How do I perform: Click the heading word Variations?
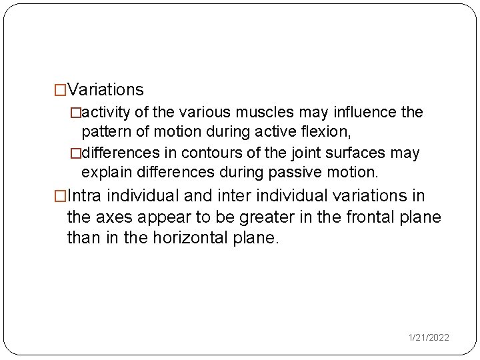(105, 89)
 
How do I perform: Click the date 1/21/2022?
(429, 338)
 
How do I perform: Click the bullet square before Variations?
(60, 90)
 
